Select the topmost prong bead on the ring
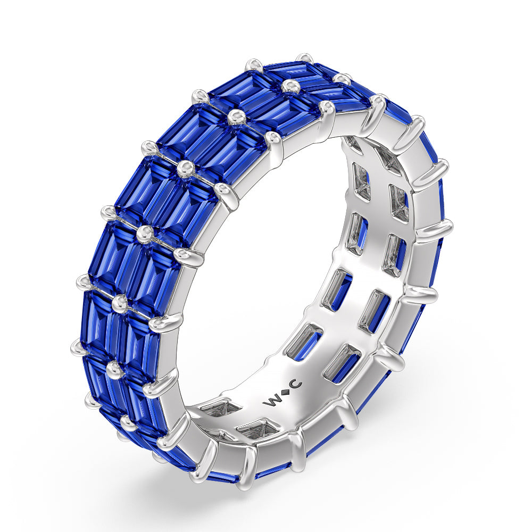[x=304, y=57]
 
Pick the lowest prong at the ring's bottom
[x=246, y=481]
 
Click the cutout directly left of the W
[x=220, y=409]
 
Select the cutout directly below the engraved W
[x=255, y=428]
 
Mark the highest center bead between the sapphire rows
[x=289, y=86]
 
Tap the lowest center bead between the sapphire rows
[x=128, y=423]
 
